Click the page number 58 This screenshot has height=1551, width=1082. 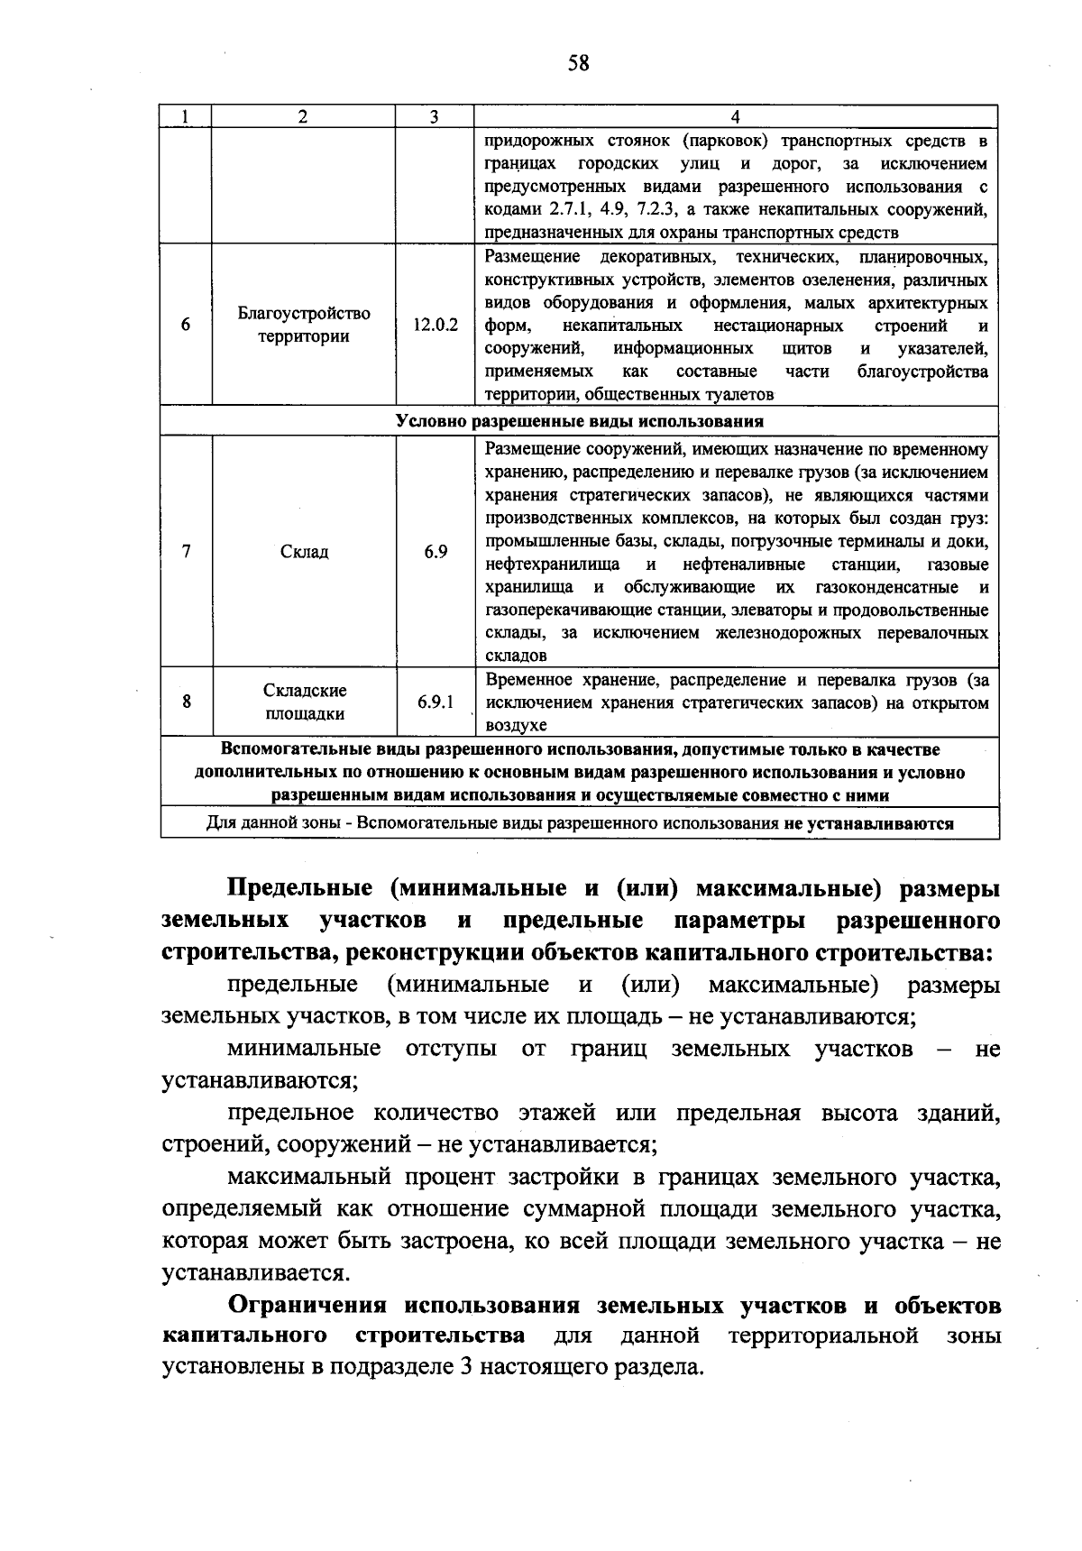pos(578,62)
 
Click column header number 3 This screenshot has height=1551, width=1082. pos(434,116)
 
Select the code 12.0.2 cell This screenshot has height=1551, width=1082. pos(436,326)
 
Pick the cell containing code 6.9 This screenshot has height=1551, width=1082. pos(436,552)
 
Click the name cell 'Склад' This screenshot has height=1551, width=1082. pos(304,552)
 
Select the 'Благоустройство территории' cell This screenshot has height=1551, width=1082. pos(304,326)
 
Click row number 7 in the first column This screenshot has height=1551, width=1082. pos(186,552)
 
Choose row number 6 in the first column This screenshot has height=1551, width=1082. pos(186,326)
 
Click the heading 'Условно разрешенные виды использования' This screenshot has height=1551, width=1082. pos(580,421)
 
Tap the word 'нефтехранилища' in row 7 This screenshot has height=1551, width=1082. pos(552,565)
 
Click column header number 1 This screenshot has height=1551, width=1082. pos(186,116)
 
